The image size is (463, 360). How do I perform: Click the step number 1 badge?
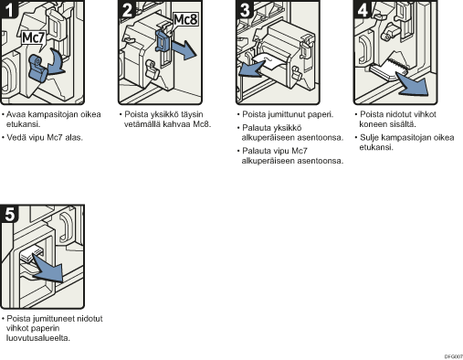[x=9, y=9]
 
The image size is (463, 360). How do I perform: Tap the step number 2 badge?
[x=127, y=9]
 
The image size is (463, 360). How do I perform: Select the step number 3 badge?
[x=245, y=9]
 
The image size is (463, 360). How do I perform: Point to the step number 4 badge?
[x=363, y=9]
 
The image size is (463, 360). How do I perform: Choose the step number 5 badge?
[x=9, y=214]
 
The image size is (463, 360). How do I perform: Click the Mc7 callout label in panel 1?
[x=34, y=38]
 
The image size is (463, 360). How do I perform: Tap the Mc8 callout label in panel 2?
[x=185, y=20]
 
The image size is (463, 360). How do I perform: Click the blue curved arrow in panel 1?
[x=56, y=62]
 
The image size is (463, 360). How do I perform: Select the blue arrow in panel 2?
[x=184, y=49]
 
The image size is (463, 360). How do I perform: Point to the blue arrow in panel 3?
[x=251, y=69]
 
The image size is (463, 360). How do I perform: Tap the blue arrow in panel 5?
[x=48, y=269]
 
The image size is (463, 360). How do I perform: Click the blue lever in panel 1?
[x=38, y=69]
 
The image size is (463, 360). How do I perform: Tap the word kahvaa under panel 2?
[x=177, y=124]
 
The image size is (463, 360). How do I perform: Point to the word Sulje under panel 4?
[x=369, y=138]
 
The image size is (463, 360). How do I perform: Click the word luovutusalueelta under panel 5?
[x=37, y=338]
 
